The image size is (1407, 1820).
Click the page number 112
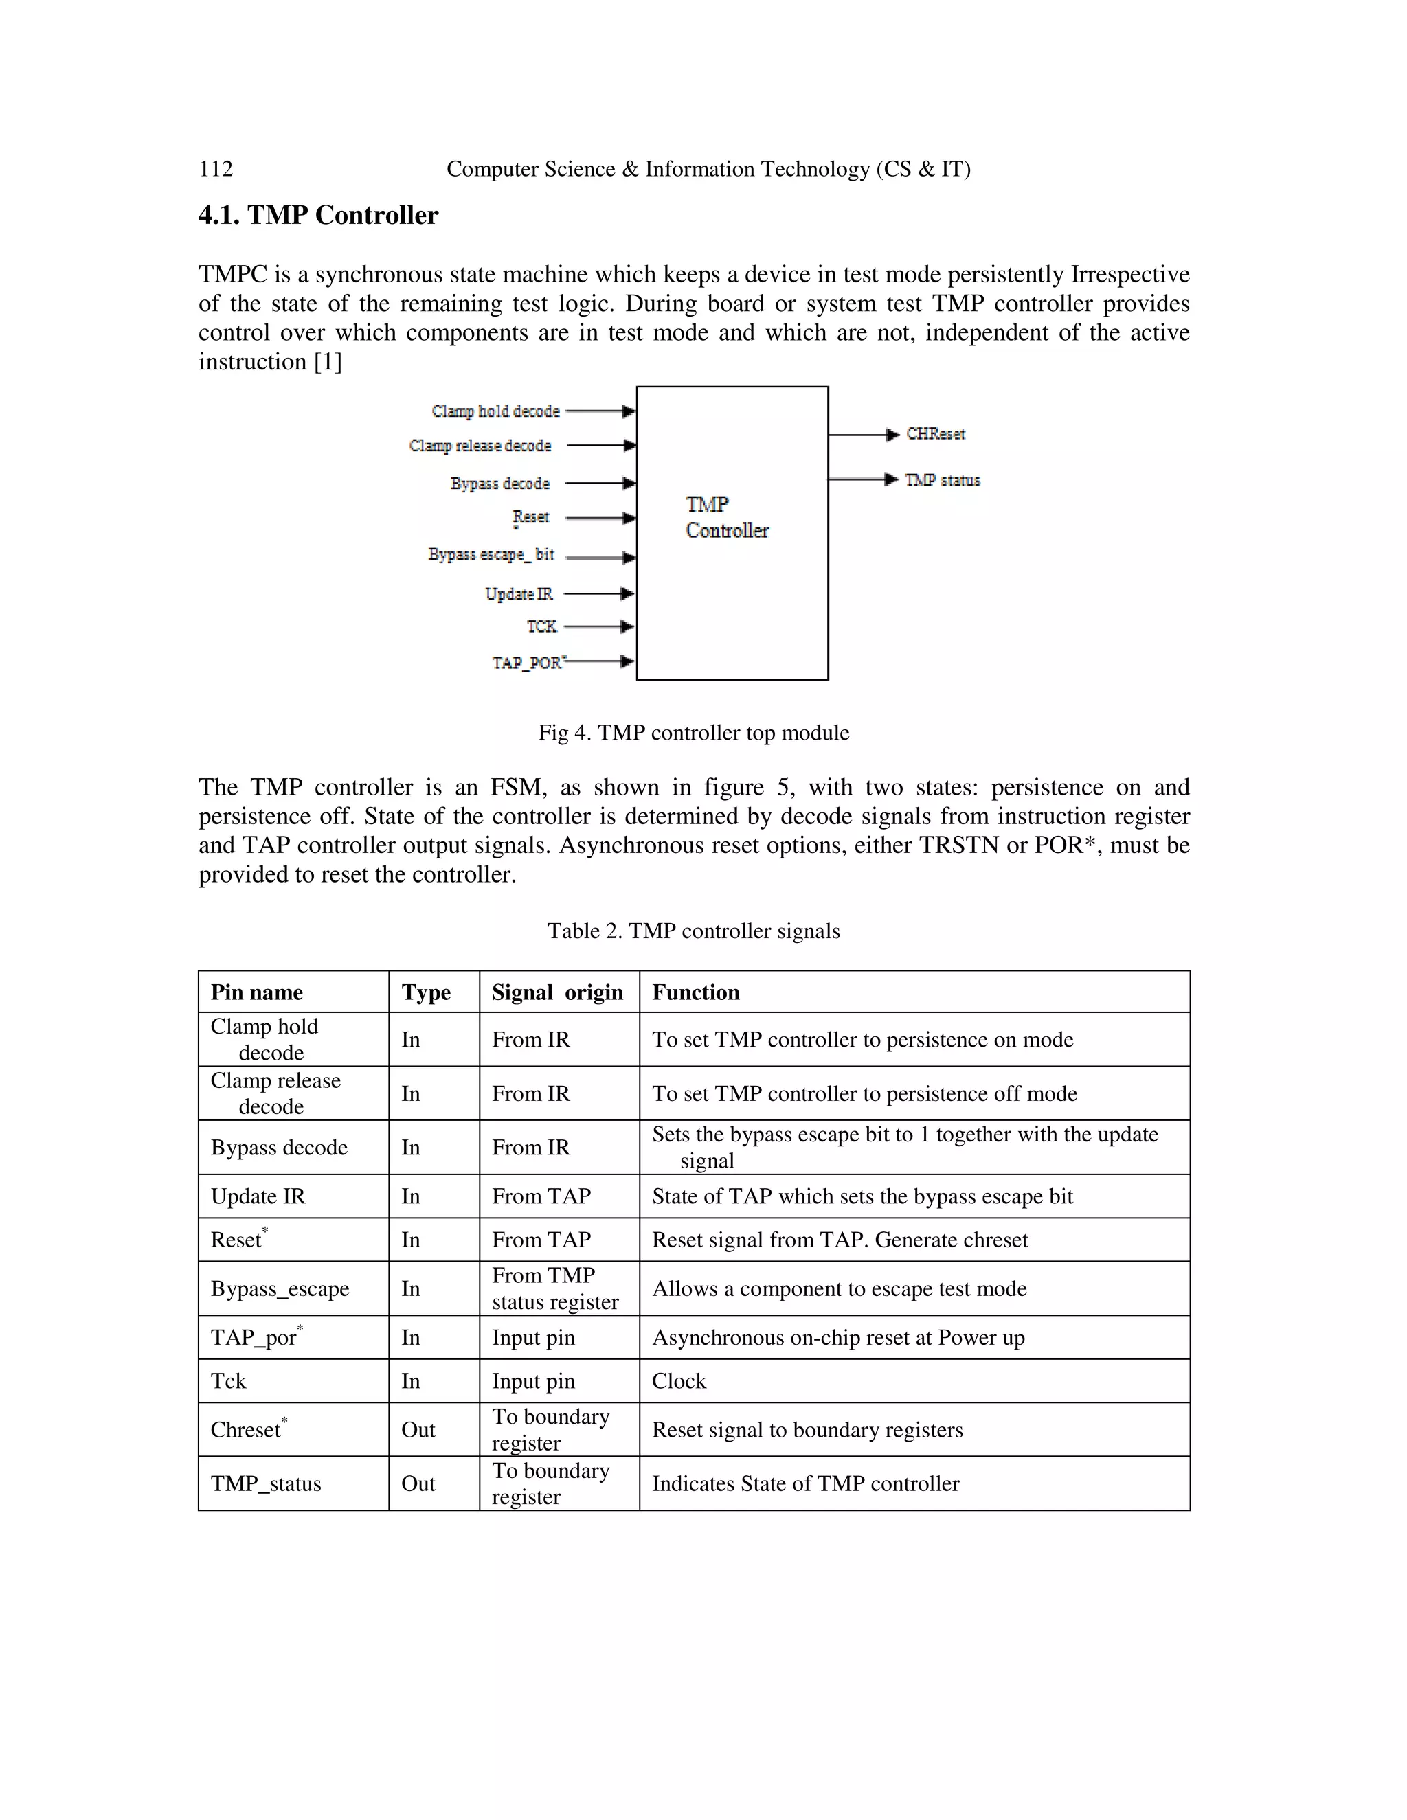coord(216,169)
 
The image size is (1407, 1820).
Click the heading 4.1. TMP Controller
coord(317,215)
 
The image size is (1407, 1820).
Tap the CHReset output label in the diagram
coord(935,434)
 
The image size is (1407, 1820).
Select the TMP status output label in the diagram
coord(943,480)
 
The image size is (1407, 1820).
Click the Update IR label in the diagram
coord(519,594)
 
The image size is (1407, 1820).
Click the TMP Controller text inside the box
coord(726,518)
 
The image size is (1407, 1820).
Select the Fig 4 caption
coord(693,733)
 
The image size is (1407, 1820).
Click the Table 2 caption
coord(693,931)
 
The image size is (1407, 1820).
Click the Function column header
coord(695,992)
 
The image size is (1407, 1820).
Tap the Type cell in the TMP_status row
coord(418,1483)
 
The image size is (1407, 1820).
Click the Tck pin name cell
coord(228,1381)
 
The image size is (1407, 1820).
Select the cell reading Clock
coord(679,1381)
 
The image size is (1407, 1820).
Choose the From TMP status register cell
coord(554,1288)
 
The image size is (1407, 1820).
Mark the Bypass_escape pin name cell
coord(280,1289)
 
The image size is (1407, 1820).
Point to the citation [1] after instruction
coord(328,363)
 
